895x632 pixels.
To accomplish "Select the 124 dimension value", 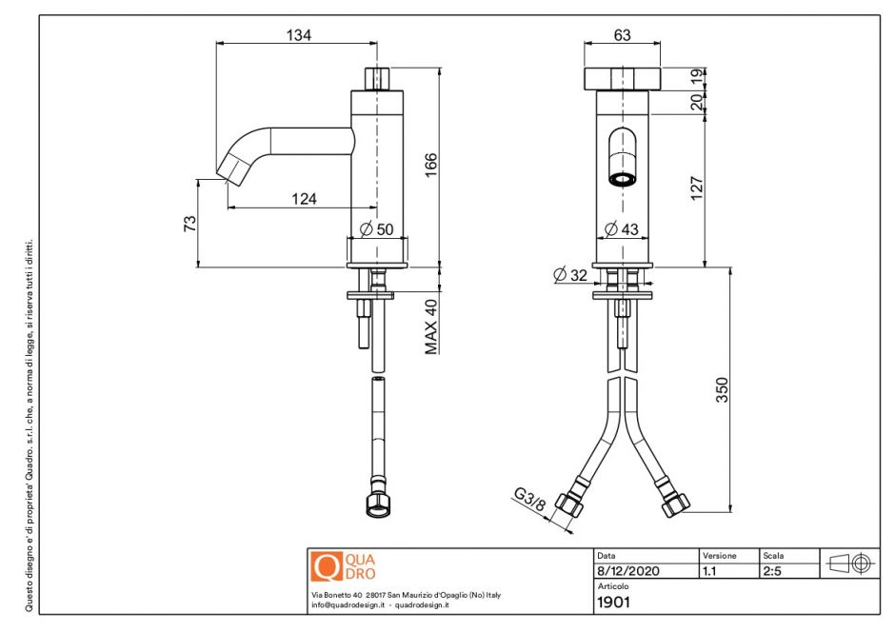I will [x=303, y=199].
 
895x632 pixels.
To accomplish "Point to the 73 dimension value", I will [x=189, y=224].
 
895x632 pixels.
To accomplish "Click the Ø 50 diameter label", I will [x=379, y=229].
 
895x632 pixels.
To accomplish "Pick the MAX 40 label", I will [x=430, y=326].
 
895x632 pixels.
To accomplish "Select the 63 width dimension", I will [x=622, y=35].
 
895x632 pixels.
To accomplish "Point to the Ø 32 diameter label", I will [x=571, y=275].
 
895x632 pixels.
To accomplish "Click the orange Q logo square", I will [x=327, y=567].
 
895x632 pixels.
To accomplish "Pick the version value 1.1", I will [x=710, y=572].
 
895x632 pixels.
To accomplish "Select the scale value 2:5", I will [x=772, y=572].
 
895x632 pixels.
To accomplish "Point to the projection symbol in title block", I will [x=849, y=563].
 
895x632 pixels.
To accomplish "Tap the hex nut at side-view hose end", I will [x=376, y=504].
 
